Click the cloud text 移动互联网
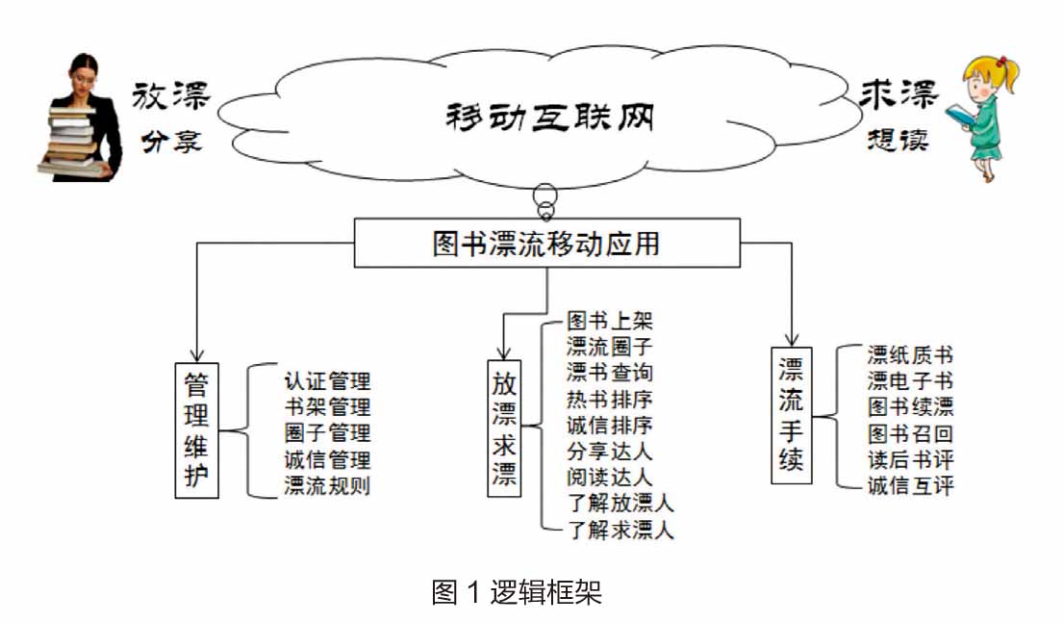click(x=549, y=118)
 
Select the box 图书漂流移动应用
click(x=546, y=243)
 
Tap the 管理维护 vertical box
click(x=196, y=429)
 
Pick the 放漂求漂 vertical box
click(x=504, y=429)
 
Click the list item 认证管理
click(x=327, y=381)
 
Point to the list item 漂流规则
click(x=327, y=485)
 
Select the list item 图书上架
click(x=610, y=320)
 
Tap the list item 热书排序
click(x=610, y=399)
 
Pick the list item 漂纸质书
click(x=909, y=354)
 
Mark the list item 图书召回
click(x=909, y=432)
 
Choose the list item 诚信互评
click(x=909, y=485)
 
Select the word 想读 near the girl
click(x=896, y=140)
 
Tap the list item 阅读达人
click(x=610, y=477)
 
